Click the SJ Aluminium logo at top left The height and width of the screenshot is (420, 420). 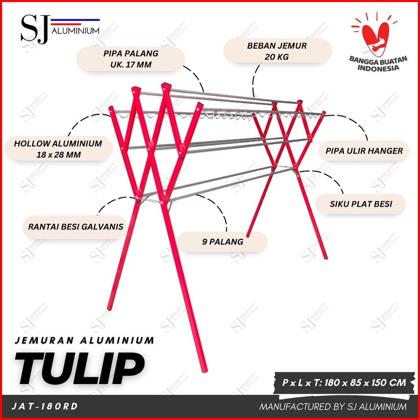point(60,29)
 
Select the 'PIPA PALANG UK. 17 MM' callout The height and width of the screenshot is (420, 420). point(131,59)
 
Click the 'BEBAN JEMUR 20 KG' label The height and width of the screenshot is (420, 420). point(277,51)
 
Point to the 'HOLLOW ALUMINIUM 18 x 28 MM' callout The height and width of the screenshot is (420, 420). point(58,149)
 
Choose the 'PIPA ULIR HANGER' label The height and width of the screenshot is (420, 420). point(364,151)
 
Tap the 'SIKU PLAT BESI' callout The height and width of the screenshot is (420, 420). point(361,204)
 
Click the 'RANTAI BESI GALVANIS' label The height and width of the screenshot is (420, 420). point(76,227)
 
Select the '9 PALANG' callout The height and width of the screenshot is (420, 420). point(223,242)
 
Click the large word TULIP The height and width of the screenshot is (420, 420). point(80,368)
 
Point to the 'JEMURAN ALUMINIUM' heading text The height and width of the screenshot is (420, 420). point(84,340)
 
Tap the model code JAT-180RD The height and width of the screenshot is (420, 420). point(45,406)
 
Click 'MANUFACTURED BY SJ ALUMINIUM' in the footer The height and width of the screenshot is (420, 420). point(333,407)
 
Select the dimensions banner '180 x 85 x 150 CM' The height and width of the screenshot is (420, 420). point(344,383)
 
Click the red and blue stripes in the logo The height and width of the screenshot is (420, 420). point(75,22)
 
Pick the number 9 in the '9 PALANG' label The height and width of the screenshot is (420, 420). point(205,242)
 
